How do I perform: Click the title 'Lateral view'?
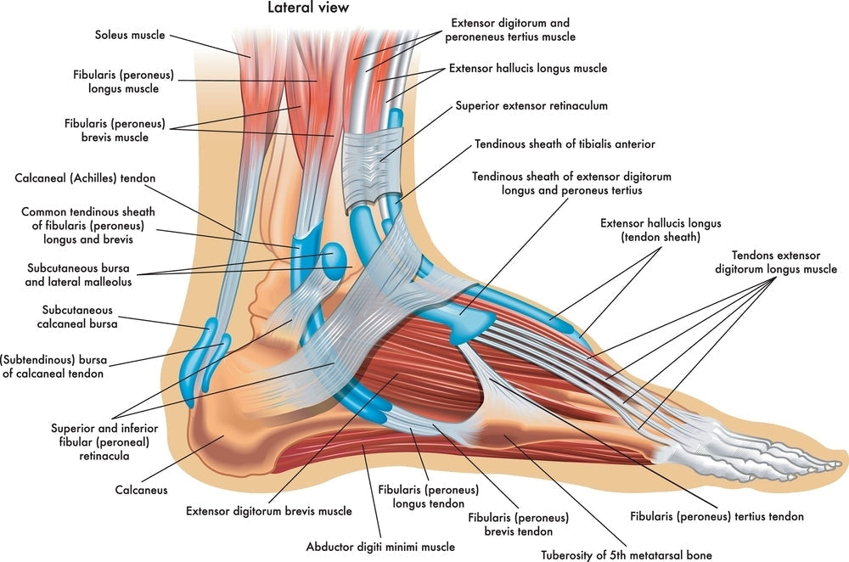click(x=308, y=8)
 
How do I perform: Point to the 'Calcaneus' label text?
click(x=142, y=490)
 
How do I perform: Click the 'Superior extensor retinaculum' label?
click(x=531, y=106)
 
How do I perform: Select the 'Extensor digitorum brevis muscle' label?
click(x=269, y=511)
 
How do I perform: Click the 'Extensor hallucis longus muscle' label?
click(x=528, y=68)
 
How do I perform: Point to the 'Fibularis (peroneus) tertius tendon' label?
click(x=717, y=515)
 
